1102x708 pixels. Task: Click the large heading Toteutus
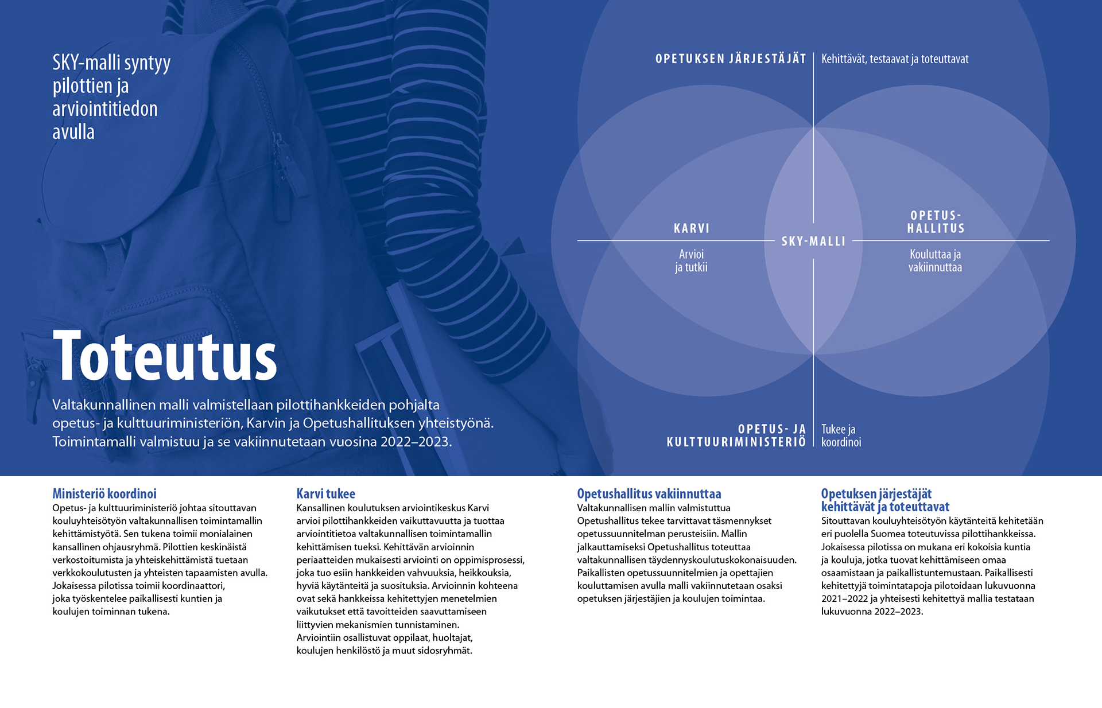165,357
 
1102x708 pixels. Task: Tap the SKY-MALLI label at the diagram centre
813,242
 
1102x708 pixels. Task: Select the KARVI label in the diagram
692,228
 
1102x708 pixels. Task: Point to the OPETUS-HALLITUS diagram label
936,222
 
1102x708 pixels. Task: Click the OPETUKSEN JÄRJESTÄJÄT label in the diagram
731,59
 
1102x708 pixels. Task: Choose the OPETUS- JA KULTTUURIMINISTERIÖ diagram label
736,435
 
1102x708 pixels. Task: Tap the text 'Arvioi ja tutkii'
691,260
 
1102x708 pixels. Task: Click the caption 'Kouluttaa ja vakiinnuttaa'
935,260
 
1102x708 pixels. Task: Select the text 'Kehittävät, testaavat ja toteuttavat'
895,59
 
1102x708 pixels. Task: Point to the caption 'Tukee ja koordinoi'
841,435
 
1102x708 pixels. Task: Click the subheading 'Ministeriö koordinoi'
104,493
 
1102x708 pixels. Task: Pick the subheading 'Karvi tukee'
325,493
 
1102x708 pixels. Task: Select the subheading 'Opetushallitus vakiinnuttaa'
649,493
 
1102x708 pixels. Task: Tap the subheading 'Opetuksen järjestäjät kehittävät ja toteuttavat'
884,500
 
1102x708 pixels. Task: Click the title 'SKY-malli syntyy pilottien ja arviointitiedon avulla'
111,97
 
